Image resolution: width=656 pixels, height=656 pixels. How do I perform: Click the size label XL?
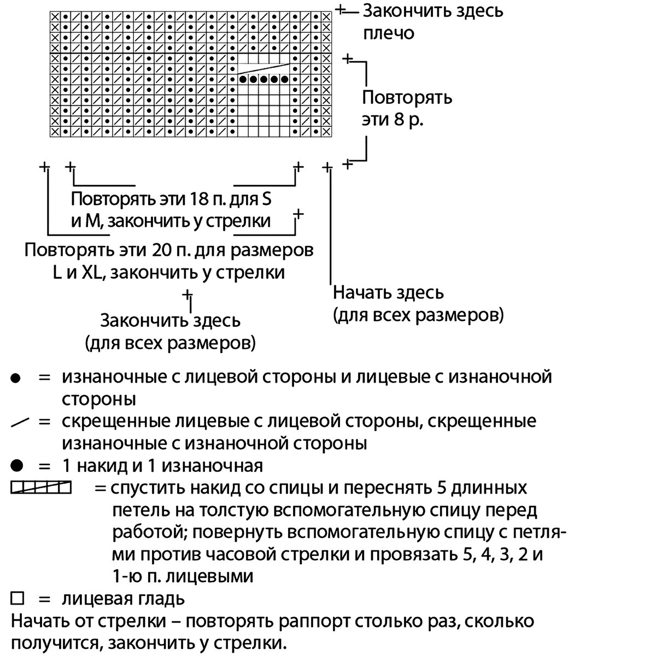click(92, 272)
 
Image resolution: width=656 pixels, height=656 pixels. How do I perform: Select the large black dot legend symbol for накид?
click(17, 466)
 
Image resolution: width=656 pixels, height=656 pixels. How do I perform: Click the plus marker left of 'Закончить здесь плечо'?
click(341, 10)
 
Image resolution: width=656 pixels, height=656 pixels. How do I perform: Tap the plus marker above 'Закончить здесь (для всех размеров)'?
click(188, 294)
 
